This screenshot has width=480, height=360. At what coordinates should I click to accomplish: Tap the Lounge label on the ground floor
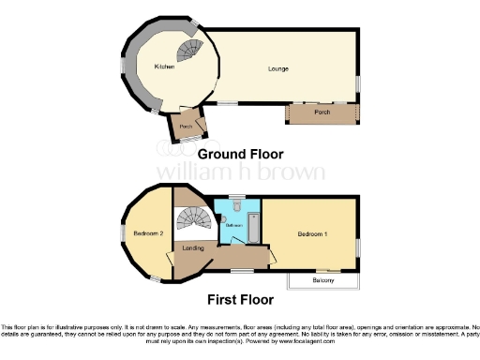click(x=277, y=68)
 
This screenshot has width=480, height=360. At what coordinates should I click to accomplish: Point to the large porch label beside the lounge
click(x=322, y=113)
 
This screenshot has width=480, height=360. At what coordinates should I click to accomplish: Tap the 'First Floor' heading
click(x=239, y=301)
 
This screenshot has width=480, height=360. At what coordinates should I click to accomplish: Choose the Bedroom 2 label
click(x=147, y=232)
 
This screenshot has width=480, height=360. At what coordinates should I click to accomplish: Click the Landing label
click(x=193, y=248)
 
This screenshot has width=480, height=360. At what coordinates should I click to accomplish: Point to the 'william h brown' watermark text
click(x=240, y=172)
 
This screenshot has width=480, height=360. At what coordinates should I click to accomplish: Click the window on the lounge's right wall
click(x=357, y=84)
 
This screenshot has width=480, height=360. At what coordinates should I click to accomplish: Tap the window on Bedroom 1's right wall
click(x=357, y=247)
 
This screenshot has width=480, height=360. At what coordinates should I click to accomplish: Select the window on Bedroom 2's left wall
click(x=120, y=232)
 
